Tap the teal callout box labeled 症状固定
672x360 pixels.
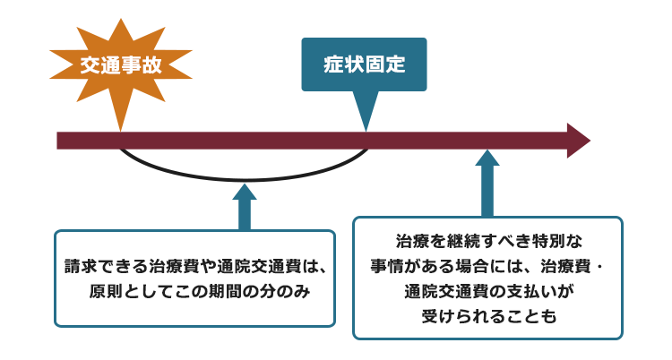click(365, 64)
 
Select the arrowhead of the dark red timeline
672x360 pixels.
click(579, 141)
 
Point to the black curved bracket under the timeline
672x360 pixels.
click(244, 180)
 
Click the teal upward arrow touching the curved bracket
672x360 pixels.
click(245, 208)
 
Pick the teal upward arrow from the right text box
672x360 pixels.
click(487, 184)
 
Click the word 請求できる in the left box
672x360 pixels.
click(107, 266)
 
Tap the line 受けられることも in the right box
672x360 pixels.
click(488, 316)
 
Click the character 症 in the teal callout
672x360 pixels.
click(333, 64)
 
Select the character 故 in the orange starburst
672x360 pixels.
click(151, 65)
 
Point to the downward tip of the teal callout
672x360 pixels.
click(366, 131)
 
